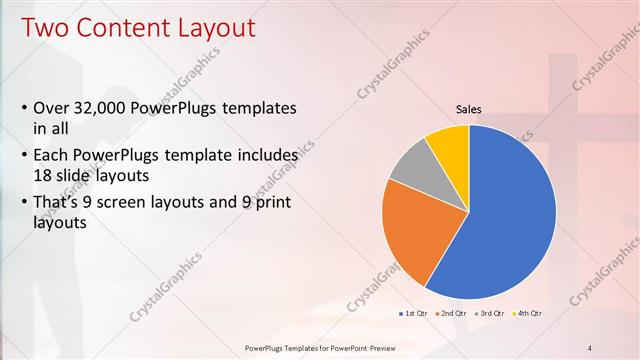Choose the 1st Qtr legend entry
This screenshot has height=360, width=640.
coord(415,314)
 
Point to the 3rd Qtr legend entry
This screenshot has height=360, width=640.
coord(491,314)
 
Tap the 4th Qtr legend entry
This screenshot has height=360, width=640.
coord(528,314)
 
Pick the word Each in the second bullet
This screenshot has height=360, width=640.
coord(52,156)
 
